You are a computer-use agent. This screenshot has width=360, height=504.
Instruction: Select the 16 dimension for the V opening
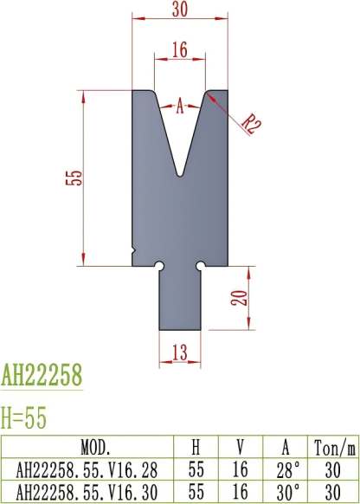[x=180, y=49]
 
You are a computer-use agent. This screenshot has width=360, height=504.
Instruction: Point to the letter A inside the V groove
[x=180, y=107]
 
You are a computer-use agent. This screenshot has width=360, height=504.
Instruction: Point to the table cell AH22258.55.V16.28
[x=95, y=470]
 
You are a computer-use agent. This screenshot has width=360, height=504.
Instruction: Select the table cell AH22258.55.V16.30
[x=95, y=491]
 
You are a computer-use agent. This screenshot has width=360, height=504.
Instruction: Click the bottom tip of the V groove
[x=180, y=174]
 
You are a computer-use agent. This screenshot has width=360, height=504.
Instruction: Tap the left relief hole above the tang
[x=159, y=265]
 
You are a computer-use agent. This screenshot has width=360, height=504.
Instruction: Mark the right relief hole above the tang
[x=201, y=265]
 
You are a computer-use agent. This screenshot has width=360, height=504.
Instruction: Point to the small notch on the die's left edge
[x=132, y=252]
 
